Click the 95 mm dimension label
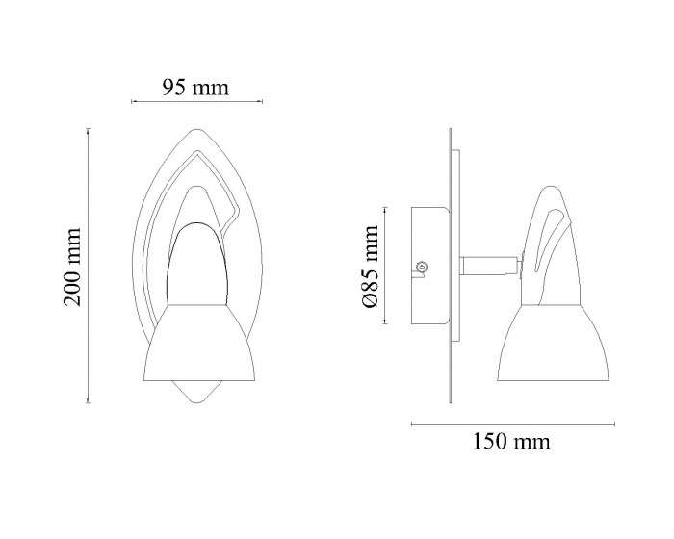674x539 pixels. click(195, 88)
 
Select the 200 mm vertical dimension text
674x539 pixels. click(72, 267)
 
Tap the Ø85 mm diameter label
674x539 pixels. click(370, 266)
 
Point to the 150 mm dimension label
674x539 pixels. click(511, 442)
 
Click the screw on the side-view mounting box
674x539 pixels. click(422, 267)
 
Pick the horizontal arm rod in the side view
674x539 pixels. click(489, 265)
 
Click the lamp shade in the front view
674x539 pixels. click(201, 343)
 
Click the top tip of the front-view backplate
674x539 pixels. click(195, 129)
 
